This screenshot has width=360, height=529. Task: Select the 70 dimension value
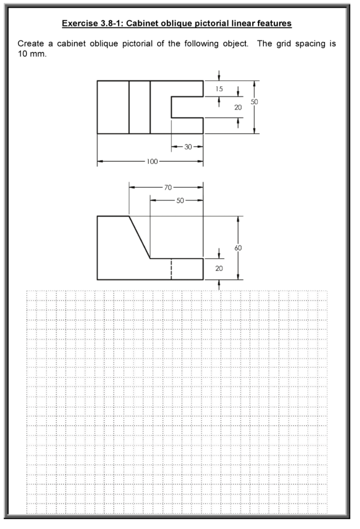[x=166, y=189]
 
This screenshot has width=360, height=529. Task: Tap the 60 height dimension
[x=244, y=248]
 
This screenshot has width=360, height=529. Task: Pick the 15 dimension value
[x=218, y=89]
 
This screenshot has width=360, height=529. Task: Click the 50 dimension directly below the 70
[x=179, y=200]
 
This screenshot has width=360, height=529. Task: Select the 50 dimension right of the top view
[x=254, y=102]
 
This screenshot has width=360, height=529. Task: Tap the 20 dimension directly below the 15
[x=238, y=108]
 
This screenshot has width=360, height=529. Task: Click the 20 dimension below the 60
[x=219, y=268]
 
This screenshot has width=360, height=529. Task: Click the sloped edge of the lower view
[x=139, y=237]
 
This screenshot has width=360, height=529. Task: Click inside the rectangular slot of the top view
[x=188, y=107]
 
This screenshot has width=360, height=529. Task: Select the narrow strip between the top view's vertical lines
[x=139, y=107]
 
